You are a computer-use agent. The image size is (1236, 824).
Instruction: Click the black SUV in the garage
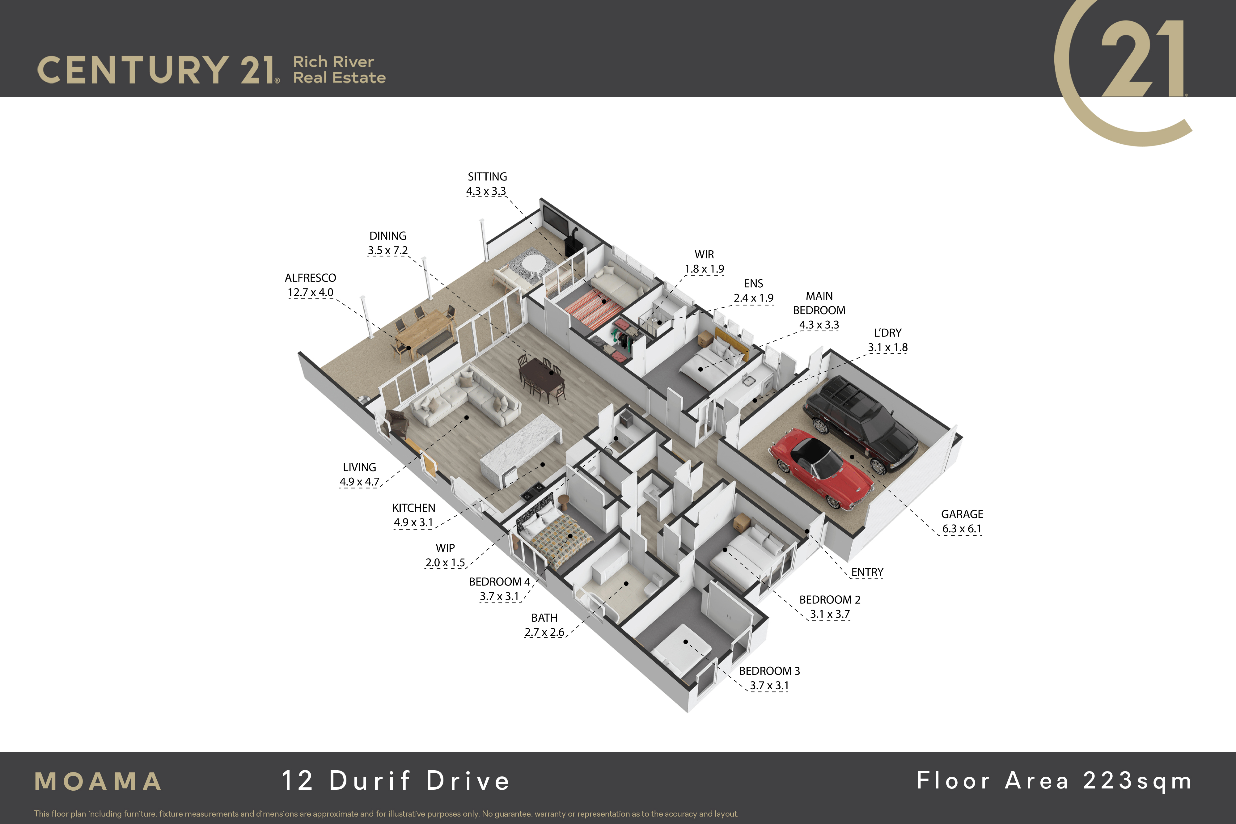point(862,423)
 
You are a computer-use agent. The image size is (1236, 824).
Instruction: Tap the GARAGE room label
point(962,514)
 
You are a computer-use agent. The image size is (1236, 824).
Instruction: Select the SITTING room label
point(487,177)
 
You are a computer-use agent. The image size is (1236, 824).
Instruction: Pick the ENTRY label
point(867,572)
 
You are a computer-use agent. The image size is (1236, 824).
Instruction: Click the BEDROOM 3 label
point(769,671)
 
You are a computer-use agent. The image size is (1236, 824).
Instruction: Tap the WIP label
point(445,548)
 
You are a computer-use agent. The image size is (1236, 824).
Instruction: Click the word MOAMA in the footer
point(98,781)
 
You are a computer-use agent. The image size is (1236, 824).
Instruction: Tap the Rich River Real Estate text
point(339,70)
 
